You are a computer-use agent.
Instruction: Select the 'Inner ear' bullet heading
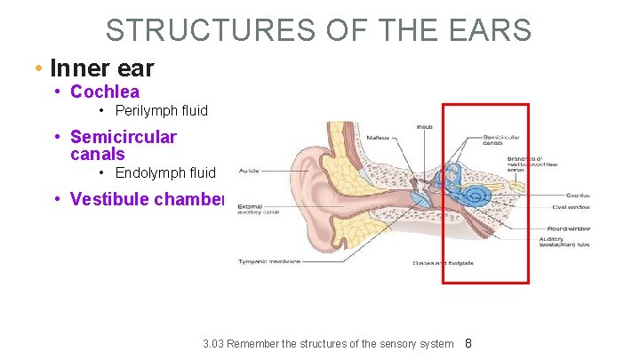click(x=102, y=68)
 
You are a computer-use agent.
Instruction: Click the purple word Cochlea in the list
click(x=104, y=92)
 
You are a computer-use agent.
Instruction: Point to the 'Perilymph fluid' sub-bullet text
click(x=161, y=111)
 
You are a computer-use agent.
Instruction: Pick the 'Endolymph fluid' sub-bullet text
click(x=165, y=172)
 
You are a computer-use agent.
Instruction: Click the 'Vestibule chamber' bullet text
click(x=148, y=198)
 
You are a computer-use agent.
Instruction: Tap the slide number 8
click(x=469, y=343)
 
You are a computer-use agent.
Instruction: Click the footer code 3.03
click(x=213, y=344)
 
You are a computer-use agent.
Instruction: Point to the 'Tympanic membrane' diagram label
click(x=269, y=261)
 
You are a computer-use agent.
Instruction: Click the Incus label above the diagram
click(x=425, y=127)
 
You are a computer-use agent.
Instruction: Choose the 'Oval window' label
click(x=571, y=206)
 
